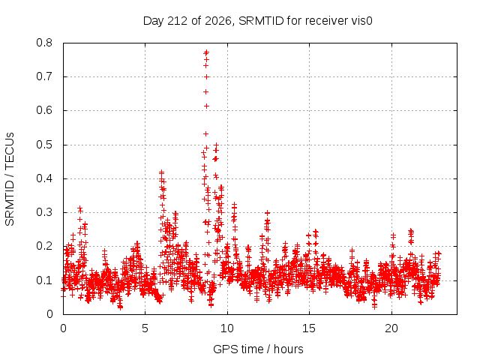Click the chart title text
pyautogui.click(x=258, y=21)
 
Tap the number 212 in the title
pyautogui.click(x=178, y=21)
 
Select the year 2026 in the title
pyautogui.click(x=218, y=21)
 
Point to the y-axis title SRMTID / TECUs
pyautogui.click(x=10, y=179)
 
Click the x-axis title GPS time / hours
pyautogui.click(x=258, y=349)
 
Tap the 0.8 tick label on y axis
pyautogui.click(x=44, y=43)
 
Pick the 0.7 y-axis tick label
pyautogui.click(x=44, y=76)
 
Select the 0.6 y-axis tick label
pyautogui.click(x=44, y=110)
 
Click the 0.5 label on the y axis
pyautogui.click(x=44, y=145)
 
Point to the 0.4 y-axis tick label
pyautogui.click(x=44, y=178)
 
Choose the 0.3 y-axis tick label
pyautogui.click(x=44, y=212)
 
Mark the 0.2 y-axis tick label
pyautogui.click(x=44, y=246)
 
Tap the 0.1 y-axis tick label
pyautogui.click(x=44, y=280)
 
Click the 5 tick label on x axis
pyautogui.click(x=145, y=328)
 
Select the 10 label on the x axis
pyautogui.click(x=227, y=328)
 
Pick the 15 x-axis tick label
pyautogui.click(x=309, y=328)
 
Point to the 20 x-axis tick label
pyautogui.click(x=391, y=328)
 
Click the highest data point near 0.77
pyautogui.click(x=206, y=52)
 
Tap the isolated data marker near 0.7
pyautogui.click(x=207, y=76)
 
